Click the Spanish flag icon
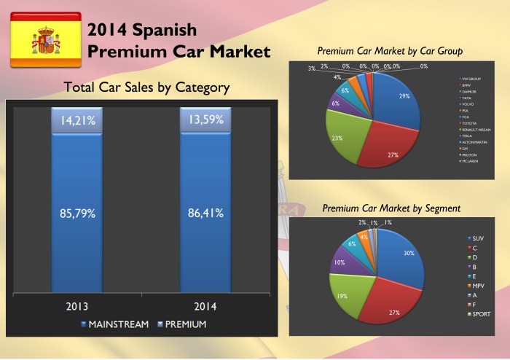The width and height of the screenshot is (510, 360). pos(45,40)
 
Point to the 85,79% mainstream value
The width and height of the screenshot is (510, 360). pos(76,214)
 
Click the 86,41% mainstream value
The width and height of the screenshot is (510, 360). pos(205,214)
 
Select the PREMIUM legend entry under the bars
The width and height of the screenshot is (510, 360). pos(183,324)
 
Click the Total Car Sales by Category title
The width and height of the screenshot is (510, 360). pos(146,87)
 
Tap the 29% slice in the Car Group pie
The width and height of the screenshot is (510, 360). pos(397,103)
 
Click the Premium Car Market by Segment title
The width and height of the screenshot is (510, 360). pos(391,208)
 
